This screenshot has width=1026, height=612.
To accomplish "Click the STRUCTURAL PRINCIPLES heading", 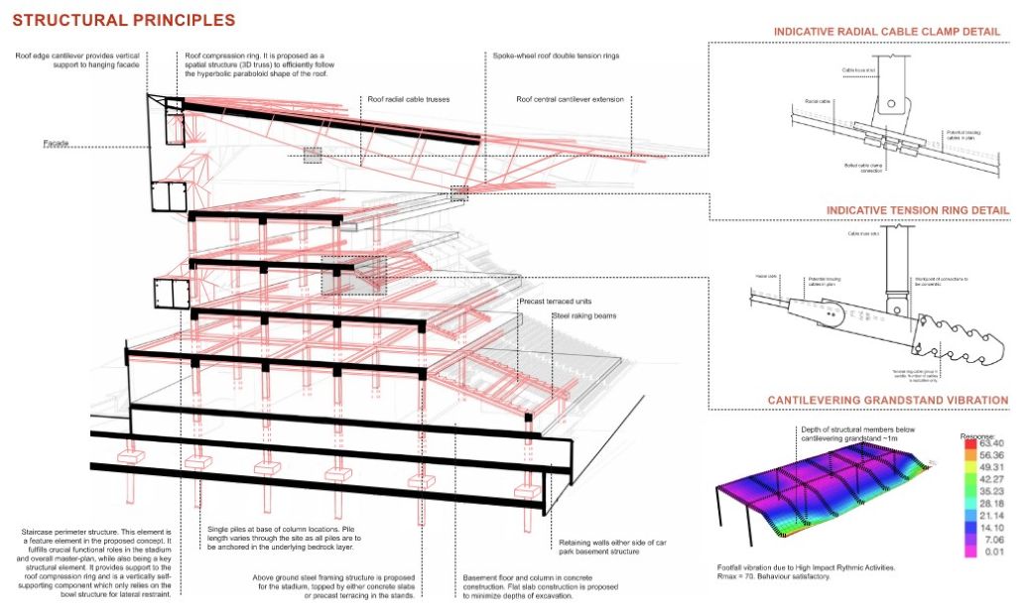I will (124, 20).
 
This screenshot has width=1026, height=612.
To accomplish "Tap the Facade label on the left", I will (56, 145).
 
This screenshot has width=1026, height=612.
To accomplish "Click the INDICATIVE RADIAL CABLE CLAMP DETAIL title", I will (885, 32).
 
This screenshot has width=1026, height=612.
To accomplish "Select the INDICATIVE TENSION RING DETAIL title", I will (917, 210).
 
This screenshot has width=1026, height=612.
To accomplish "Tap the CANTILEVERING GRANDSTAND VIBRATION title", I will (888, 401).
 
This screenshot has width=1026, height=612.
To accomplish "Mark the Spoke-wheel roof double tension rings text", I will (556, 56).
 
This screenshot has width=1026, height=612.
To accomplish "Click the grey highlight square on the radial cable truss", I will (313, 156).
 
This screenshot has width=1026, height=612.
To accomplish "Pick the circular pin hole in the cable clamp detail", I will (890, 102).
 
